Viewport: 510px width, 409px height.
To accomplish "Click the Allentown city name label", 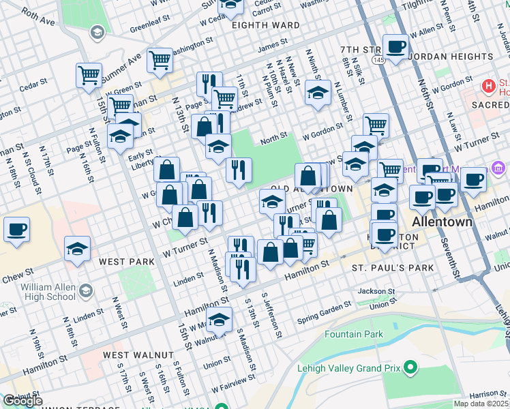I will [440, 223].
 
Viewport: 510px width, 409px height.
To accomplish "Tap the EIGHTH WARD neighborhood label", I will [266, 25].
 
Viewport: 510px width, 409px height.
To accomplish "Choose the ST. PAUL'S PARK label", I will [393, 268].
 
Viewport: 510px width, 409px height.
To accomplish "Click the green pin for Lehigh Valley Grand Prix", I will [410, 368].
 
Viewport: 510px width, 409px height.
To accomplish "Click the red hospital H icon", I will [489, 87].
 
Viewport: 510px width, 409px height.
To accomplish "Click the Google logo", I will [22, 401].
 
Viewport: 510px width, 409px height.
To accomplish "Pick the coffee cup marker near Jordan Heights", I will [395, 47].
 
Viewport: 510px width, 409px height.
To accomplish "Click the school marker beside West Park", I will [77, 249].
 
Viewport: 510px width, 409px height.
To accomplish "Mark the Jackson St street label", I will [376, 291].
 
